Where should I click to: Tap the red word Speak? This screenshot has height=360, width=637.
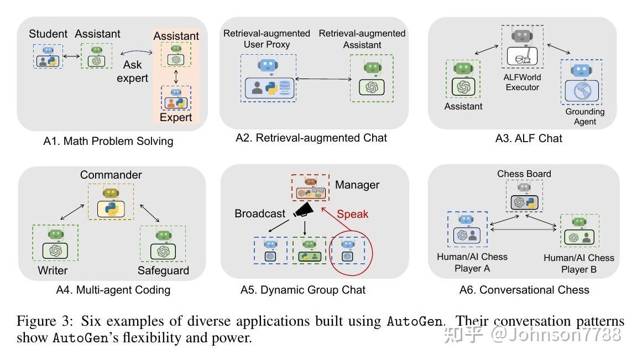click(352, 214)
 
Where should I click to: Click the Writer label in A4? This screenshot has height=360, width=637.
click(53, 270)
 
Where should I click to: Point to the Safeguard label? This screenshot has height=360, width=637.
click(163, 270)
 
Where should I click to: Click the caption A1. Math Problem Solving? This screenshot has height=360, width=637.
click(108, 141)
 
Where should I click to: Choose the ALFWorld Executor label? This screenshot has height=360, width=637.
click(523, 82)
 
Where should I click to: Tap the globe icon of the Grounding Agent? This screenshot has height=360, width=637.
click(581, 91)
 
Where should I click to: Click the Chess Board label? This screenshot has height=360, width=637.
click(524, 174)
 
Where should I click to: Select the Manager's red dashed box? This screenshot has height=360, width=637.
click(310, 190)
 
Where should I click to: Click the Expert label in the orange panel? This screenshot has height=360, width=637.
click(176, 117)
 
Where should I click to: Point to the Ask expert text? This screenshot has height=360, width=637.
click(133, 71)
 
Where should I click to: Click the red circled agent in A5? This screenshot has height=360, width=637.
click(347, 251)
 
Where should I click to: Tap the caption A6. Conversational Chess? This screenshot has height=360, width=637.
click(524, 290)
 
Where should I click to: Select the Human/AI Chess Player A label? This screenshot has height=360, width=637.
click(472, 263)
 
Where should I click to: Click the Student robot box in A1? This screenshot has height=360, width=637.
click(48, 57)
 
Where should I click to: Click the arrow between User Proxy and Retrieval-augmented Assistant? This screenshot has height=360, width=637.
click(323, 80)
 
